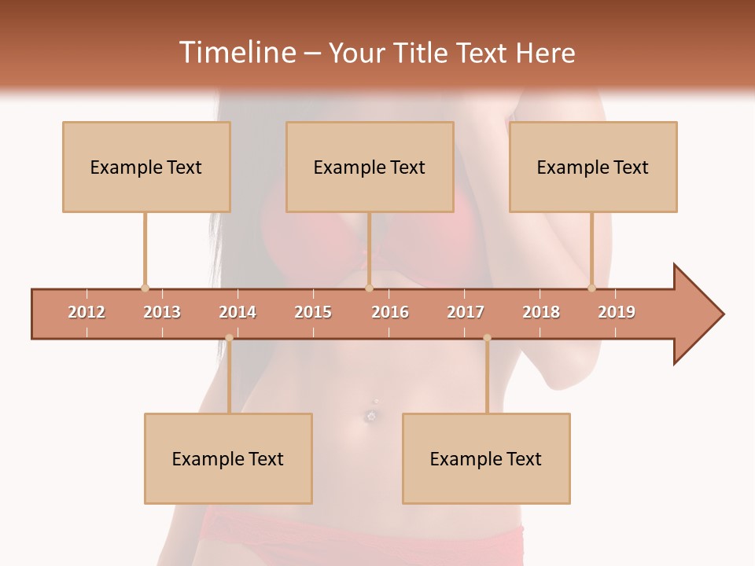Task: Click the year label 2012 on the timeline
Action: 87,312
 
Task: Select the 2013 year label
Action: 162,312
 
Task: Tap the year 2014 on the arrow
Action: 238,312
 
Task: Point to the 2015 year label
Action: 313,312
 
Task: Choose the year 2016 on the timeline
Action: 390,312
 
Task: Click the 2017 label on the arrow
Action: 466,312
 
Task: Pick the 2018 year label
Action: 541,312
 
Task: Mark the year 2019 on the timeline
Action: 617,312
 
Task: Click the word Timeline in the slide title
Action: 236,53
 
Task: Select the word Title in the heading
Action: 420,53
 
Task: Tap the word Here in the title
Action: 545,53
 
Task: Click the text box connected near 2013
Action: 146,167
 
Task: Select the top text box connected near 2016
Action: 370,167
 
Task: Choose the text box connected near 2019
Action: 593,167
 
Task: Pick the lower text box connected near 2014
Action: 228,458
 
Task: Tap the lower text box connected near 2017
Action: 486,458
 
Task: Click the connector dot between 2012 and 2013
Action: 145,288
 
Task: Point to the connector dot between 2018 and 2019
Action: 592,288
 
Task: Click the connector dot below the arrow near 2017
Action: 487,338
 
